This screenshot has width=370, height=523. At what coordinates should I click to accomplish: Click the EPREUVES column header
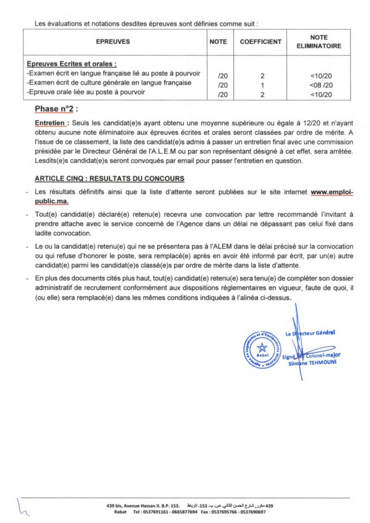(113, 42)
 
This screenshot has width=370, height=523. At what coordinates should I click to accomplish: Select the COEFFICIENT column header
(261, 42)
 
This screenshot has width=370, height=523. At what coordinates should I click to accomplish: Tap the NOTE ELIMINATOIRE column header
(318, 42)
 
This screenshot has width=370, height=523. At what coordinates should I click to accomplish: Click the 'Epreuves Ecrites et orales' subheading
(72, 64)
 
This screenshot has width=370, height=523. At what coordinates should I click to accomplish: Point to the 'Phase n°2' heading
(56, 109)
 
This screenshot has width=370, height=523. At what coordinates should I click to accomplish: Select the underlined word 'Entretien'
(50, 123)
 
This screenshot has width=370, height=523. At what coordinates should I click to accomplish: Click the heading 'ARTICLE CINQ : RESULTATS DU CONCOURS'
(109, 179)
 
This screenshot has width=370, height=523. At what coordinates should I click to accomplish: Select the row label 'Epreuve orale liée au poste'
(87, 92)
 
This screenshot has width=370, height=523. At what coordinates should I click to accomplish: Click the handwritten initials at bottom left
(23, 506)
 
